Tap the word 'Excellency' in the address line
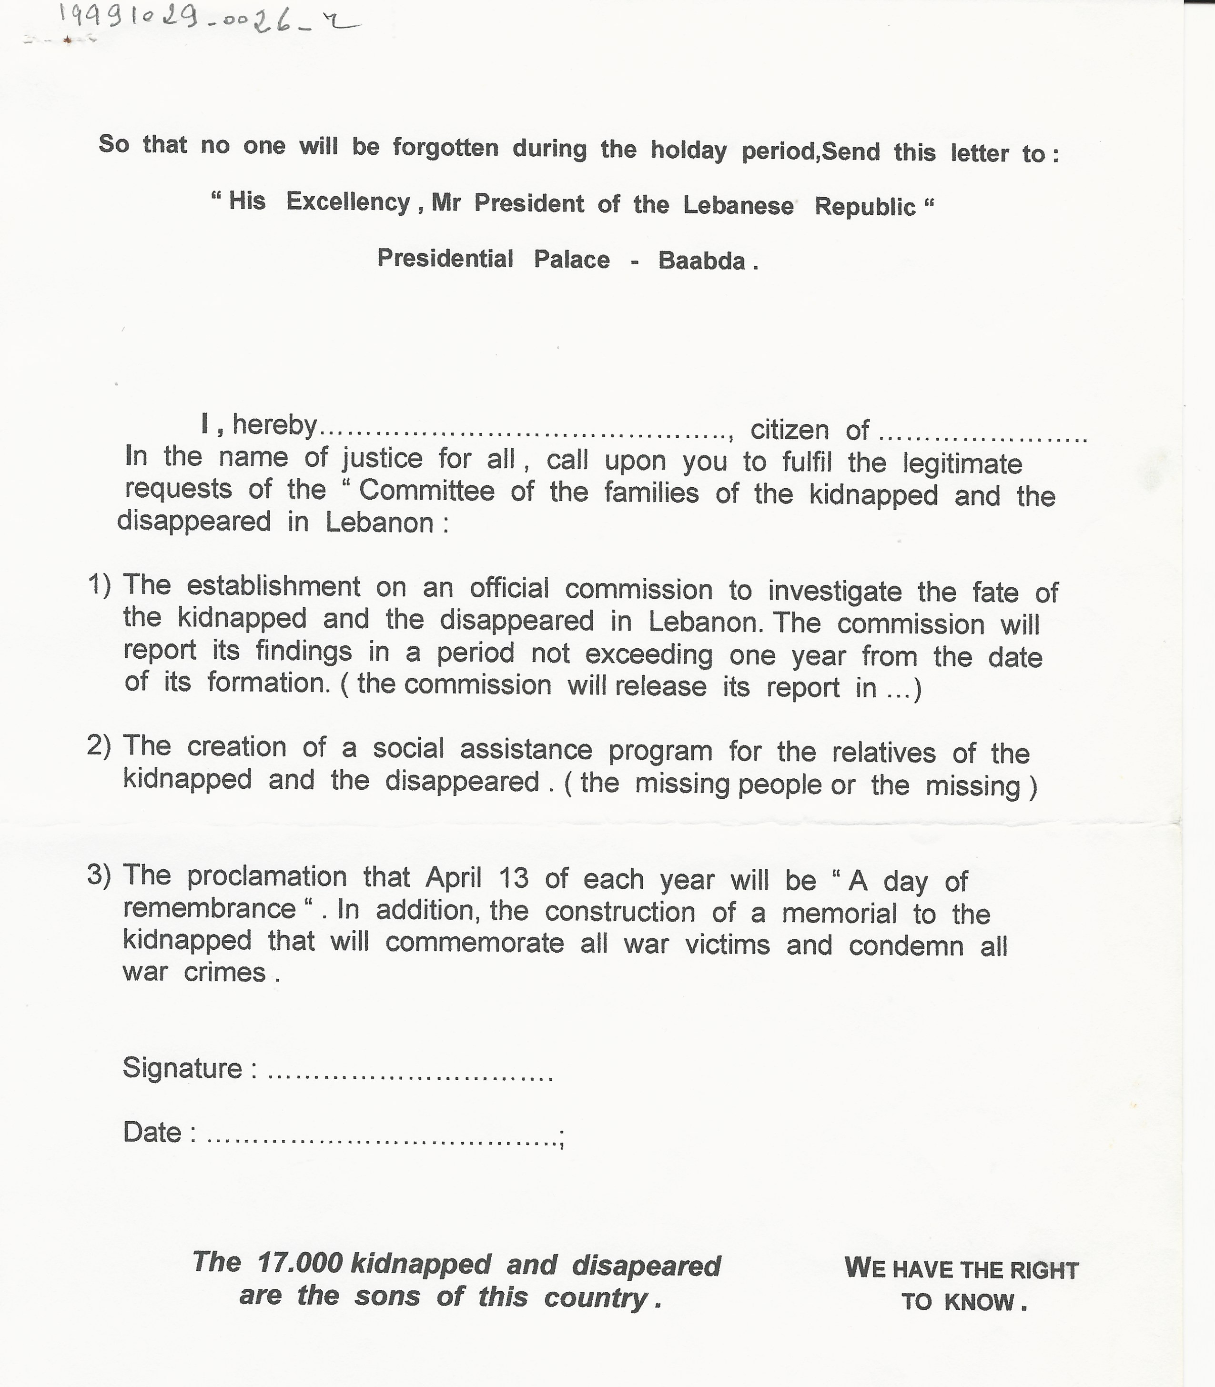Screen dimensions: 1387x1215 pos(348,202)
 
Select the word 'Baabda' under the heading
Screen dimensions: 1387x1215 pos(702,261)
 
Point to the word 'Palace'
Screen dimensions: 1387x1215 pos(572,260)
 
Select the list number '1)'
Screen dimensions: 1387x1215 pos(99,584)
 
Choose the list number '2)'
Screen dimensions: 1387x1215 pos(99,746)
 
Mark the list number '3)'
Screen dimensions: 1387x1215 pos(99,875)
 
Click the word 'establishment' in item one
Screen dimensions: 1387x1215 pos(273,586)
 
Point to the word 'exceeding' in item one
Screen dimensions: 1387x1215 pos(649,655)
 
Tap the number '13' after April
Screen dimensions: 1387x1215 pos(513,879)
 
